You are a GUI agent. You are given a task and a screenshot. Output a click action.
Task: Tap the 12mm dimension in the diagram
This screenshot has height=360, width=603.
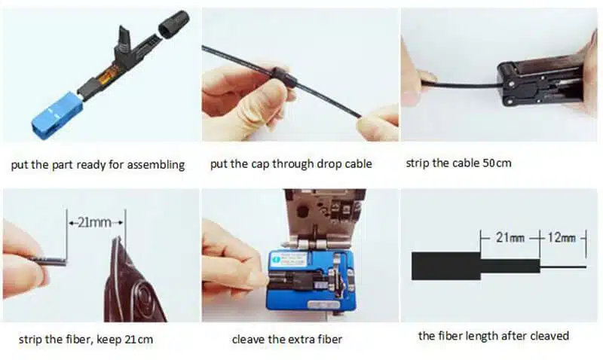pos(562,238)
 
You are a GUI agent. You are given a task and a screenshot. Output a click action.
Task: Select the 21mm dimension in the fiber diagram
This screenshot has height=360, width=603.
pos(507,238)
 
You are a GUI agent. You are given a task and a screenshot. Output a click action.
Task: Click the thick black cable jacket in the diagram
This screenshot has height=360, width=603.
pos(445,266)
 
